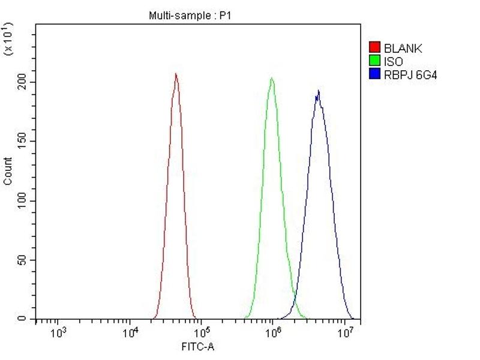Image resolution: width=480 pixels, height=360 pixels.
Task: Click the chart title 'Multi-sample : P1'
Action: pos(189,16)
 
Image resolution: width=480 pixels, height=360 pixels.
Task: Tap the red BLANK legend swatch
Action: pos(375,48)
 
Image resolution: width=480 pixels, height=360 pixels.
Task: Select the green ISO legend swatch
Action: pos(375,61)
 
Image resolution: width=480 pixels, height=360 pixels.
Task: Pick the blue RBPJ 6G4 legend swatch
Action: pos(375,74)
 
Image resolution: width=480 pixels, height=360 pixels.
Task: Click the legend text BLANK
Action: pos(403,49)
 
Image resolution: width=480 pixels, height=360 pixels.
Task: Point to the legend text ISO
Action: pos(394,61)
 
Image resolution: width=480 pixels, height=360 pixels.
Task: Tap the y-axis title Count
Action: pos(8,171)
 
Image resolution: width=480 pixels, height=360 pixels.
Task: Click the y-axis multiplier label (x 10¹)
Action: pos(8,40)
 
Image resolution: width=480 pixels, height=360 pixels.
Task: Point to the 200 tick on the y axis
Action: pos(23,82)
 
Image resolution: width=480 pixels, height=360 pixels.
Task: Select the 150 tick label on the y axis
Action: pos(23,141)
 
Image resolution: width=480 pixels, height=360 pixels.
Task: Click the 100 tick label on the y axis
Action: pos(23,200)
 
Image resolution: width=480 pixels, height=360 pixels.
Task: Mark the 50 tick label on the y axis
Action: pos(23,260)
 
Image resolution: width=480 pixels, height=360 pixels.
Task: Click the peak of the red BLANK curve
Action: pos(176,74)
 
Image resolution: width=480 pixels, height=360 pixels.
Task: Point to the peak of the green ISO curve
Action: pos(272,78)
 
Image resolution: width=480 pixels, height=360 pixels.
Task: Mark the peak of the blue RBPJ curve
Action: pos(318,91)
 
